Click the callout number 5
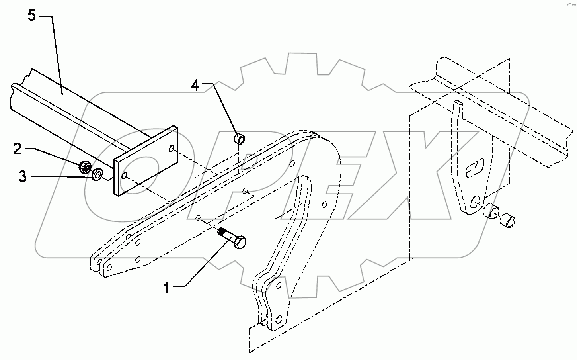tap(32, 16)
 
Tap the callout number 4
tap(195, 85)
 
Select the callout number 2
tap(17, 149)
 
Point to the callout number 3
tap(23, 176)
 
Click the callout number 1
tap(167, 288)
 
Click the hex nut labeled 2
tap(85, 166)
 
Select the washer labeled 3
tap(97, 174)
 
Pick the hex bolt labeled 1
tap(233, 237)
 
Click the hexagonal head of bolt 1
tap(240, 242)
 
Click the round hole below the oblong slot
tap(475, 201)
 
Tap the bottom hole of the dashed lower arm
tap(279, 319)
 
